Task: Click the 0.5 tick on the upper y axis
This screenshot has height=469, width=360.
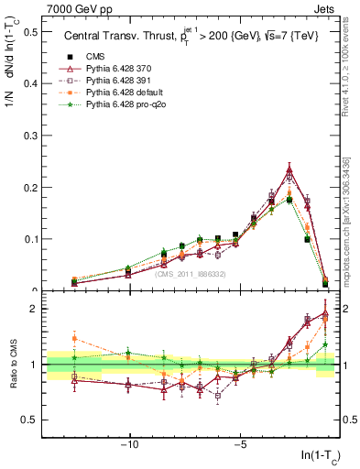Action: coord(31,32)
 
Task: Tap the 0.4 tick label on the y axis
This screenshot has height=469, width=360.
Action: coord(31,83)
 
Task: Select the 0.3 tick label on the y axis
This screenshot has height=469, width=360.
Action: coord(31,136)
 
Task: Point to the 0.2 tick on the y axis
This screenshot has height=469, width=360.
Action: coord(31,188)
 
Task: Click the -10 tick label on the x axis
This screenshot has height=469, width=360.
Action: coord(130,446)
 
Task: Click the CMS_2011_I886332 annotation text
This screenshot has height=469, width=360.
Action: coord(190,274)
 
